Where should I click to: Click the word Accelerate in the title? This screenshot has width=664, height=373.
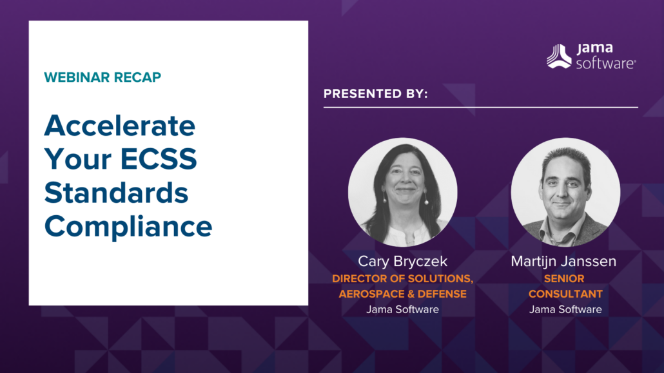pos(120,126)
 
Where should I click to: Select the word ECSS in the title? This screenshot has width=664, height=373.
pos(159,159)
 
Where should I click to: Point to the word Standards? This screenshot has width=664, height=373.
pos(117,193)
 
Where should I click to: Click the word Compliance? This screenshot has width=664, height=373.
pos(128,227)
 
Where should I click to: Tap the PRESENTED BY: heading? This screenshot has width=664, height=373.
pos(376,93)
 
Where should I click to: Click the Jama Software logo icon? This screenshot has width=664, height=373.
pos(559,56)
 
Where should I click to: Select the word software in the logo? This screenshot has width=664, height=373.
pos(605,64)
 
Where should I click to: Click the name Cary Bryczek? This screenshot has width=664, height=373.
pos(402,261)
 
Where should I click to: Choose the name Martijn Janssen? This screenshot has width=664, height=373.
pos(563,261)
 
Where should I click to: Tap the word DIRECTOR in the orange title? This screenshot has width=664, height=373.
pos(360,278)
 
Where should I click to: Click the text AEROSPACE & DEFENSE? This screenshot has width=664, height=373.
pos(403,294)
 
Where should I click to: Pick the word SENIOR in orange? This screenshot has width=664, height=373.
pos(564,278)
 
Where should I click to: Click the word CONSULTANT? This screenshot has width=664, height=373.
pos(565,294)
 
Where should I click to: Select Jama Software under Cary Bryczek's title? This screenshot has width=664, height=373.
pos(402,309)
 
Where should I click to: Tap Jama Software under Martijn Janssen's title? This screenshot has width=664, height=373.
pos(565,309)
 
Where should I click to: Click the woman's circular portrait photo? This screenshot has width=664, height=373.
pos(403,192)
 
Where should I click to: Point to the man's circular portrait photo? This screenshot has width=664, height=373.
pos(566,192)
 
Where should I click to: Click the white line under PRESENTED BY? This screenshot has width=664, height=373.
pos(481,108)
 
